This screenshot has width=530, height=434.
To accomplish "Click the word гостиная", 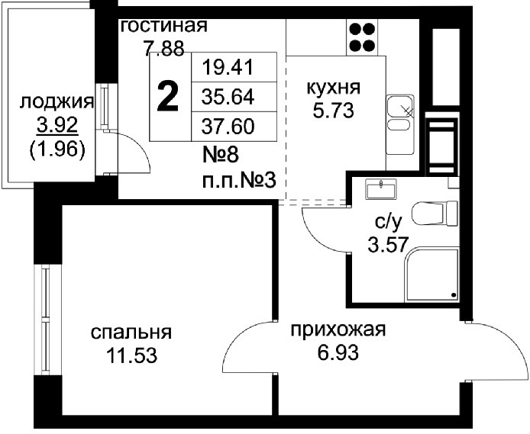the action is [164, 26].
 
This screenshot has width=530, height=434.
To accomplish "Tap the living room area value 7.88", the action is [164, 49].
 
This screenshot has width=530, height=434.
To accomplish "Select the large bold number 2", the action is [168, 98].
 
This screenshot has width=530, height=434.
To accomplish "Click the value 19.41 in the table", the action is [228, 67].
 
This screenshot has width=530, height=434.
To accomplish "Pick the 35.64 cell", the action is [228, 98].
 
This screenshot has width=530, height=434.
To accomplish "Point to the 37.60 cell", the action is [228, 127].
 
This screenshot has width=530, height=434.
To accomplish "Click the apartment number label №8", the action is [221, 156].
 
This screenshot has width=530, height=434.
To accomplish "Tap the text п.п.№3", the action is [239, 182].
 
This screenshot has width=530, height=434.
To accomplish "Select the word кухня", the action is [333, 88].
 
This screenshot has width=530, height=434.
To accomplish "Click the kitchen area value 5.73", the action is [333, 111].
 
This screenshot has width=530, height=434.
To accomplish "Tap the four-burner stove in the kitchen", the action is [362, 37].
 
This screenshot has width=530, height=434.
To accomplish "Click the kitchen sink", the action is [400, 124].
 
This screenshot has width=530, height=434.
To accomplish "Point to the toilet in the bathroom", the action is [435, 214].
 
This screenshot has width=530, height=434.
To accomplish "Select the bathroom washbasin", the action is [381, 189].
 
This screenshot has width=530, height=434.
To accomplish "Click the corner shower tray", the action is [432, 275].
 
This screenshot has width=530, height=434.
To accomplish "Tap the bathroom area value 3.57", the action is [389, 245].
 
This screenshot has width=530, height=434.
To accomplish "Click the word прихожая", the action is [338, 330].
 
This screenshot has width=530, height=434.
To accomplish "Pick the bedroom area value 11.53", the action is [131, 355].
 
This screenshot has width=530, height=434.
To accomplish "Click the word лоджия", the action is [57, 103].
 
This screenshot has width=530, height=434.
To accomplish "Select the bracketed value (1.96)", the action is [57, 149].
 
